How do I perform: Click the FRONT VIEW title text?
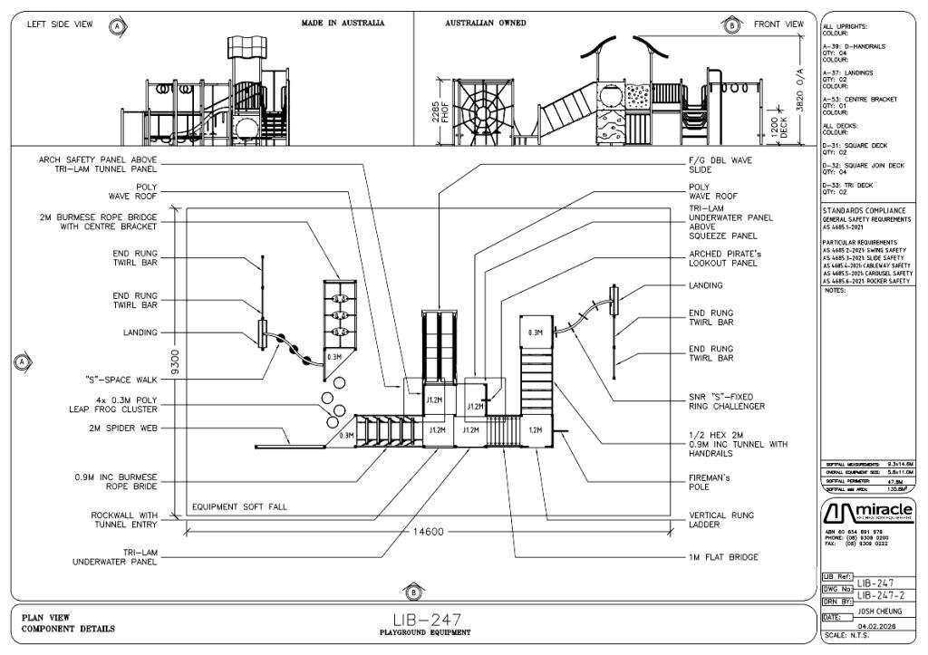pyautogui.click(x=778, y=24)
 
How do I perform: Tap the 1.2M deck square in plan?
pyautogui.click(x=534, y=430)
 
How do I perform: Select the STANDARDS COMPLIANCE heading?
pyautogui.click(x=864, y=210)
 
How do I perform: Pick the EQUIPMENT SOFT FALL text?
pyautogui.click(x=238, y=506)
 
